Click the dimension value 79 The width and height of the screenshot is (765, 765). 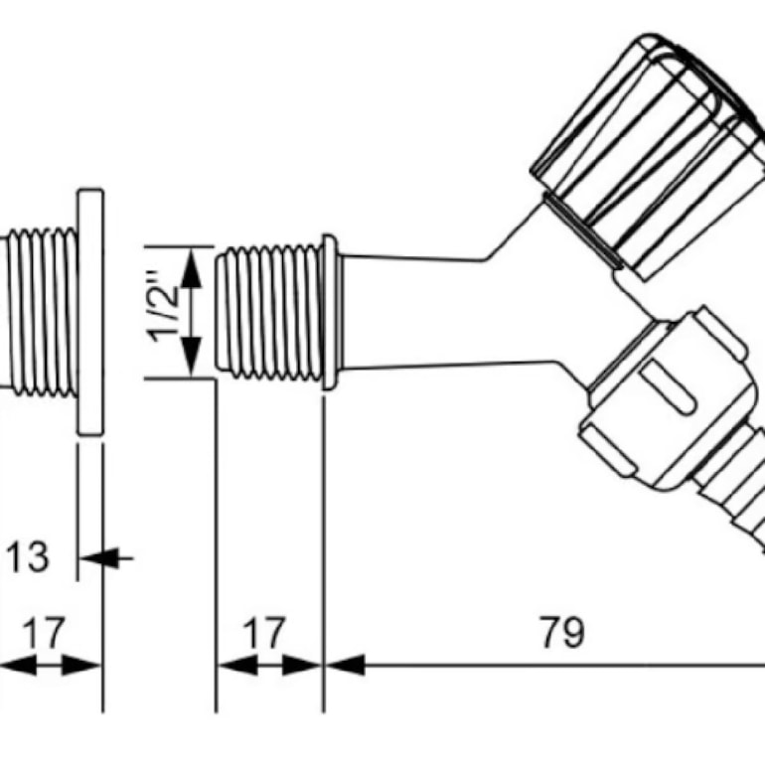click(562, 633)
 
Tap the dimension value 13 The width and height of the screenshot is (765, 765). click(28, 556)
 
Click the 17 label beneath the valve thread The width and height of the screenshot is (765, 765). click(263, 633)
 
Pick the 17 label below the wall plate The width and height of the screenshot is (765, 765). click(44, 633)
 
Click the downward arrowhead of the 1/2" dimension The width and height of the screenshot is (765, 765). click(191, 357)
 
